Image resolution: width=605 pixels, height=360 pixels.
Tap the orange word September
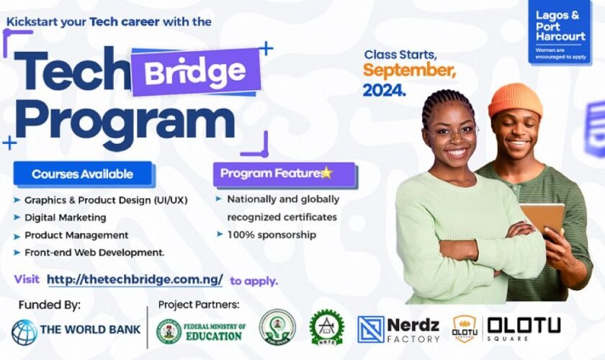[409, 71]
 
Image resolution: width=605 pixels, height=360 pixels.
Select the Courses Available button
[82, 174]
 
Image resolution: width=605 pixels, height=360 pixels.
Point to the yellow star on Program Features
[326, 173]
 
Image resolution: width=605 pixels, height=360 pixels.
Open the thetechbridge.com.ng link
[135, 279]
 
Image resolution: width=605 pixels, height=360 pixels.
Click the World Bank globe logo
[24, 332]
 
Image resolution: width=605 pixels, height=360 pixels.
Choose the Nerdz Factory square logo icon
[371, 329]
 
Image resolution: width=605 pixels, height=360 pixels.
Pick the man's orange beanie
[515, 98]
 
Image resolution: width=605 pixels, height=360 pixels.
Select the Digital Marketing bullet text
[65, 217]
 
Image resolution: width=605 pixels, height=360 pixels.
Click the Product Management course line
[76, 235]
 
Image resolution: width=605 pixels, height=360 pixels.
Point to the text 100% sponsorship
[271, 234]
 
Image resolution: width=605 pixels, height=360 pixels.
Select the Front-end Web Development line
[94, 252]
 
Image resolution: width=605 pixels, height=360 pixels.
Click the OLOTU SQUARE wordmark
[523, 328]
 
